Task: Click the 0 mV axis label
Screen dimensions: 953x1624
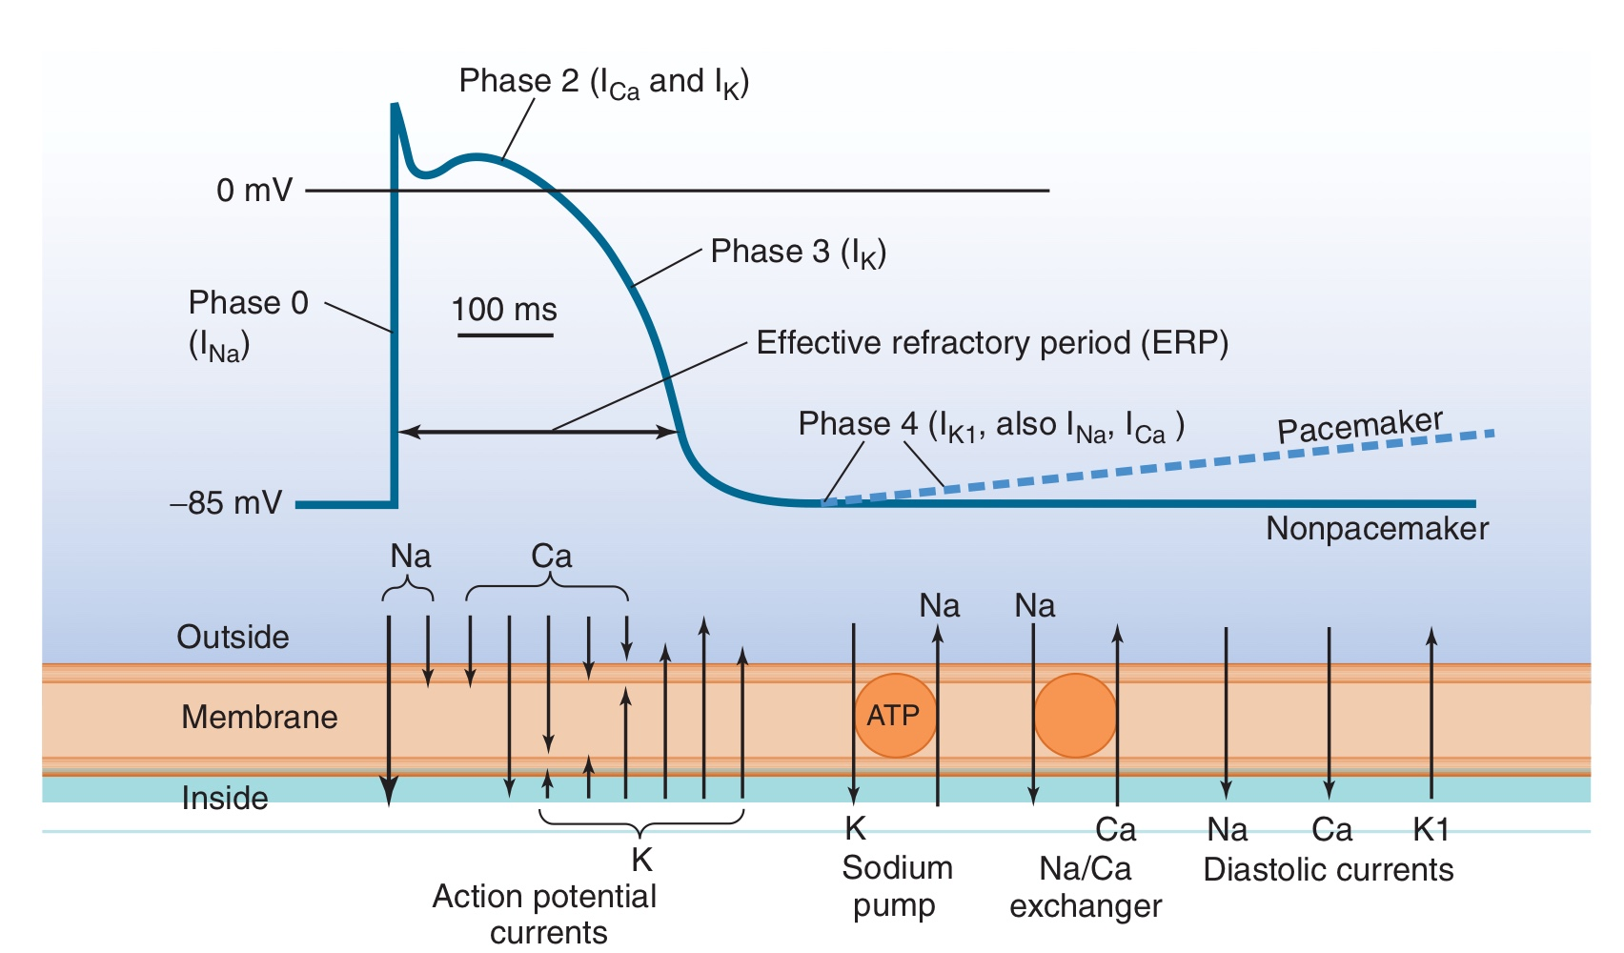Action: point(254,191)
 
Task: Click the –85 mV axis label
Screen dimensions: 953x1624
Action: point(227,503)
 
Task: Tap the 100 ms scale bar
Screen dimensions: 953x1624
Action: point(505,335)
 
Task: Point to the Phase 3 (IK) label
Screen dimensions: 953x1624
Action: point(799,253)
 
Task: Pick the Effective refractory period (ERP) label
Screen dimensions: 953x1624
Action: point(991,343)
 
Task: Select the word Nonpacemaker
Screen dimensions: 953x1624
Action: point(1377,529)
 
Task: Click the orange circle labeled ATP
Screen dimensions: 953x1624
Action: point(894,716)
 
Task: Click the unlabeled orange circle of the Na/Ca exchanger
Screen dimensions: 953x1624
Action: point(1075,716)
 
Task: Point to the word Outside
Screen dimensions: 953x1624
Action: point(233,637)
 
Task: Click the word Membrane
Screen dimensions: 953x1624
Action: point(259,717)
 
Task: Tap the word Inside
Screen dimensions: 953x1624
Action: point(225,798)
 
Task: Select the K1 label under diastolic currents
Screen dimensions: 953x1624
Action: point(1431,830)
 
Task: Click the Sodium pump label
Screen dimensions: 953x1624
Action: point(896,886)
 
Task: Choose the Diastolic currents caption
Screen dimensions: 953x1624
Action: point(1329,870)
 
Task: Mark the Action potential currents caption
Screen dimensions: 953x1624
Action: point(545,913)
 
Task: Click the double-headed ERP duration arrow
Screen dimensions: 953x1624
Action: point(538,432)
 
